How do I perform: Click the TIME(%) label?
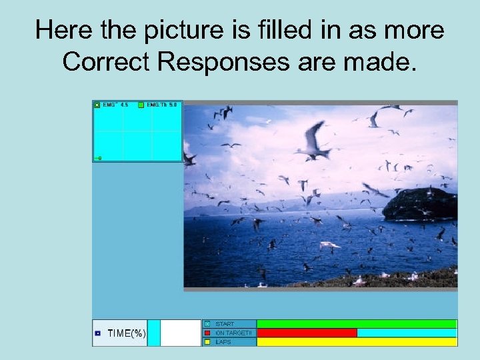(x=127, y=333)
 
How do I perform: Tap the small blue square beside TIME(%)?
(x=97, y=333)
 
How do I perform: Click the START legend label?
(x=225, y=324)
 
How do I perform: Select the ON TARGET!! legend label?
(x=233, y=333)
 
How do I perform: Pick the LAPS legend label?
(x=223, y=341)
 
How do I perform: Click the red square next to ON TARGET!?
(x=207, y=333)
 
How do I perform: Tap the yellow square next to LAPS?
(x=207, y=341)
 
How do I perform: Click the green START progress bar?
(x=357, y=324)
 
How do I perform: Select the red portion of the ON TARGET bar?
(x=307, y=333)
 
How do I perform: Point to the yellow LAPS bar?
(x=357, y=341)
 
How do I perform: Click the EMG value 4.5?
(x=123, y=105)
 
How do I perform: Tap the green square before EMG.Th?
(x=141, y=105)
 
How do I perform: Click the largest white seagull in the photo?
(x=313, y=141)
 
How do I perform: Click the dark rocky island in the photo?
(x=420, y=204)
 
